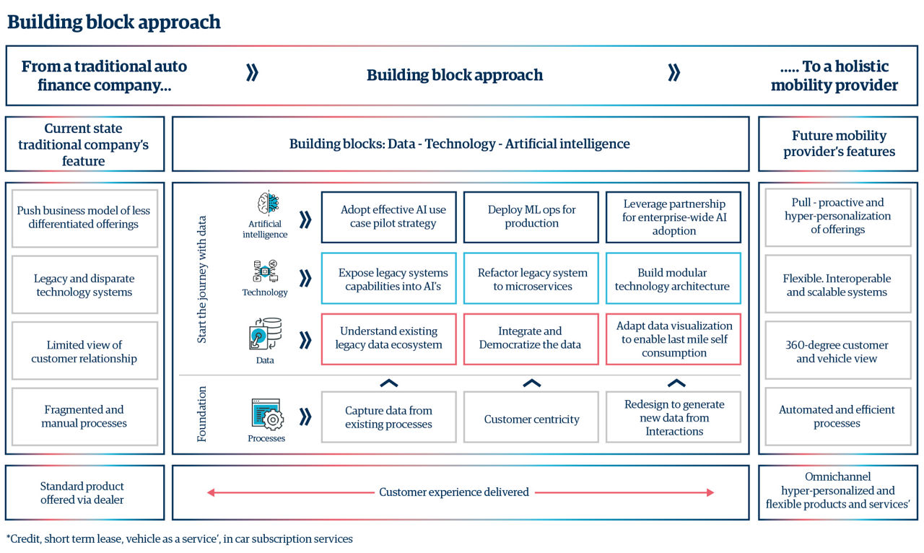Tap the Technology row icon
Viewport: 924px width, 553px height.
point(264,271)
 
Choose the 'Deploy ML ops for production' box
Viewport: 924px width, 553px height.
point(531,217)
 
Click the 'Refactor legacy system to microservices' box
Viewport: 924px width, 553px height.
point(531,279)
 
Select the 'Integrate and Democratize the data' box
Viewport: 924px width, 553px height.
point(531,339)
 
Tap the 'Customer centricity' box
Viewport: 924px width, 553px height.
point(531,419)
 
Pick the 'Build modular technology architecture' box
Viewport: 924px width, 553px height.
point(673,279)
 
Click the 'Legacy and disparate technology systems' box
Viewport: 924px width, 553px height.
point(84,285)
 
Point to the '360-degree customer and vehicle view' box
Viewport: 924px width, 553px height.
point(837,352)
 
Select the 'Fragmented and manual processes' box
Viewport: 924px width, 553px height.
point(84,417)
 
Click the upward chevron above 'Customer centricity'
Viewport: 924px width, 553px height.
point(531,383)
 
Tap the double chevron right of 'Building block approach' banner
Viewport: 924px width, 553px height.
point(674,73)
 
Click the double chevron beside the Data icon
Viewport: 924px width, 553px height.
point(305,339)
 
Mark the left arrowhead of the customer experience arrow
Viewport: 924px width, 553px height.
point(211,492)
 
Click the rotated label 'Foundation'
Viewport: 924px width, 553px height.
point(202,414)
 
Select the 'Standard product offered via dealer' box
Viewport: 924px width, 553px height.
point(84,493)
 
